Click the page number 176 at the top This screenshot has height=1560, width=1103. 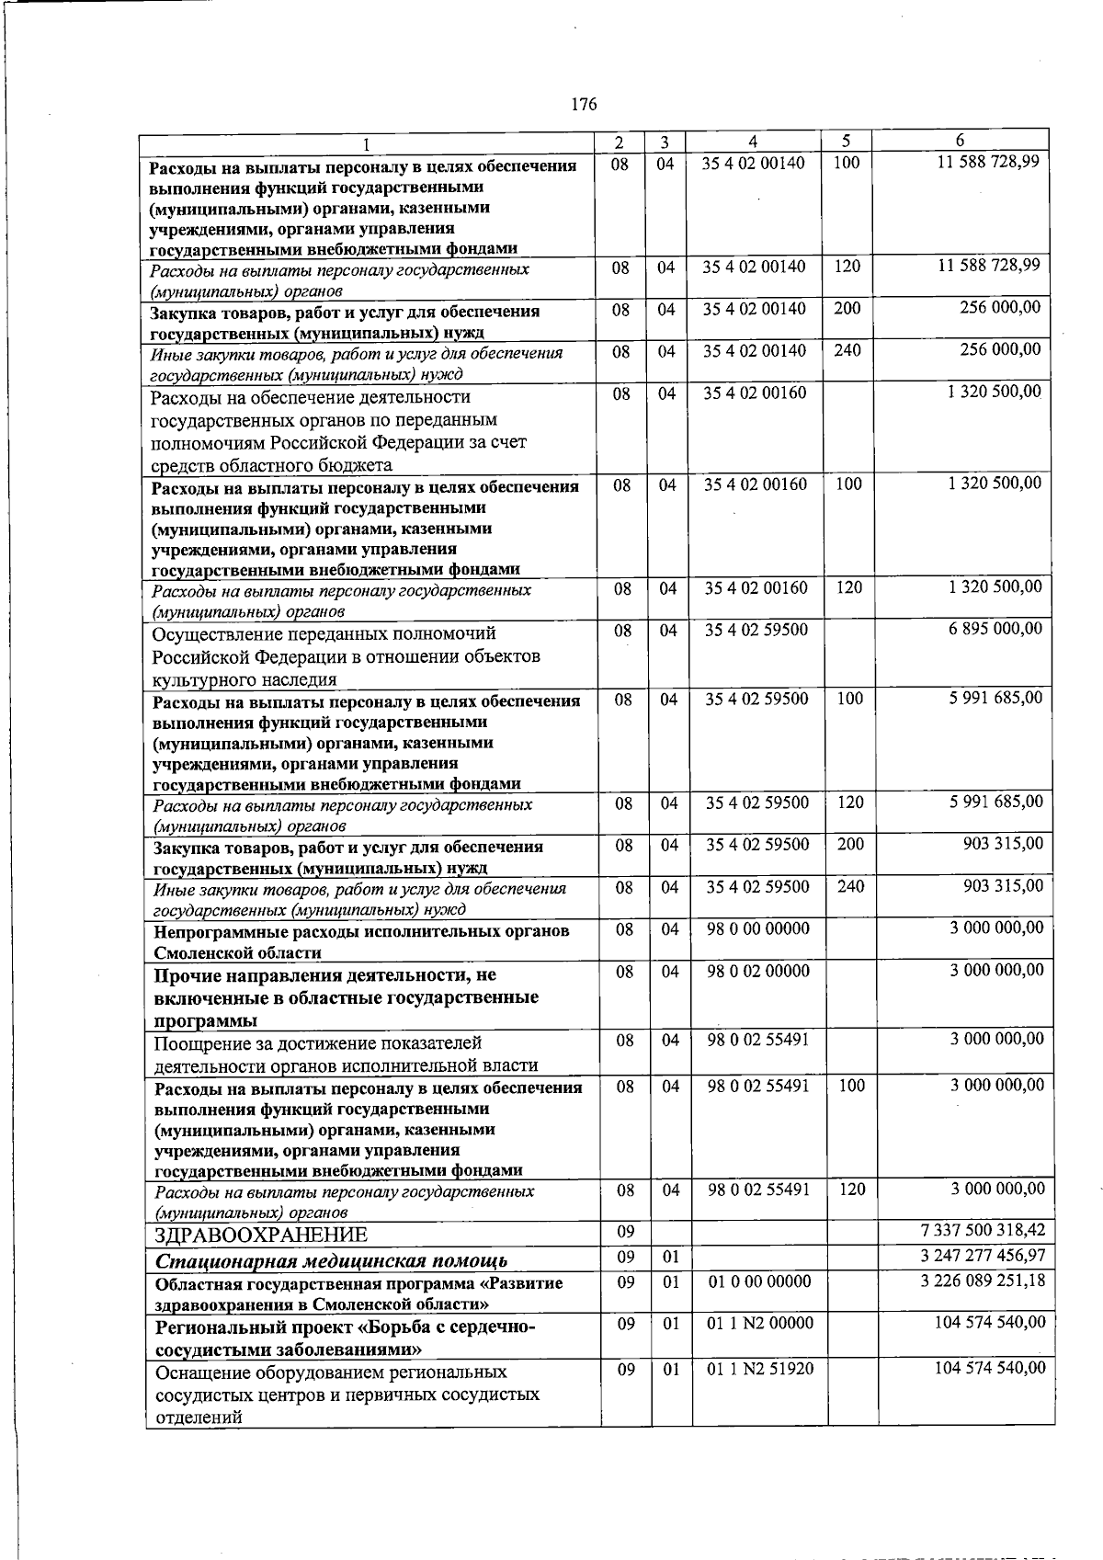[x=584, y=105]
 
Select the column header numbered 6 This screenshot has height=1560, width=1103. [x=960, y=141]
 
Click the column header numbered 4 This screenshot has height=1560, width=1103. [x=753, y=142]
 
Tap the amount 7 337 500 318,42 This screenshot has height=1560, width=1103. [x=982, y=1230]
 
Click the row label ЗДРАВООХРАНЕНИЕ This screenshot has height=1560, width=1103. [x=261, y=1234]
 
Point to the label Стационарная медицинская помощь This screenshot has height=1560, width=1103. [x=332, y=1259]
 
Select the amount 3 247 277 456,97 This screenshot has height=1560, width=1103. [x=982, y=1256]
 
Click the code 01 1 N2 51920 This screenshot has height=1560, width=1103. [x=758, y=1369]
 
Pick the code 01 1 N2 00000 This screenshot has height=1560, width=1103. [x=759, y=1323]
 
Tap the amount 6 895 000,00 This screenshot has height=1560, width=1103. [x=996, y=629]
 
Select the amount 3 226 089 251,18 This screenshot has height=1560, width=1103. [x=982, y=1281]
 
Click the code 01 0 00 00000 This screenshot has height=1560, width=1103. [x=758, y=1281]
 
